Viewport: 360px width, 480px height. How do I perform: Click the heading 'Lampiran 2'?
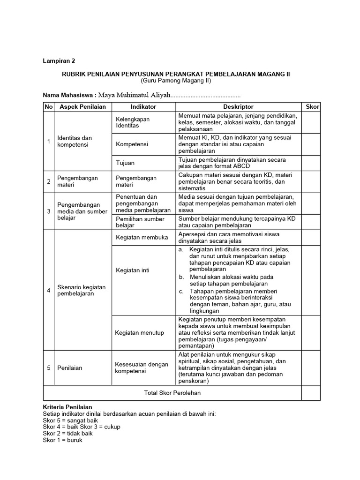click(59, 61)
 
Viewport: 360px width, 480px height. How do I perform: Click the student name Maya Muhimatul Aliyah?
click(134, 95)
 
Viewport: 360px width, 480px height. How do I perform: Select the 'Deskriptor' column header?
click(238, 107)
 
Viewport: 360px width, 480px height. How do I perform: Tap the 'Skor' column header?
click(312, 107)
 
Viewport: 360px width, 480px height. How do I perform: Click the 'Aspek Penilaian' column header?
click(82, 107)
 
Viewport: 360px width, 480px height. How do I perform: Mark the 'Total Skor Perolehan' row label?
click(172, 393)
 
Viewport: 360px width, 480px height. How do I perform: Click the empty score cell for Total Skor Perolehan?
click(311, 393)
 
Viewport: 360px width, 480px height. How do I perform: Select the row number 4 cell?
click(48, 290)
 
